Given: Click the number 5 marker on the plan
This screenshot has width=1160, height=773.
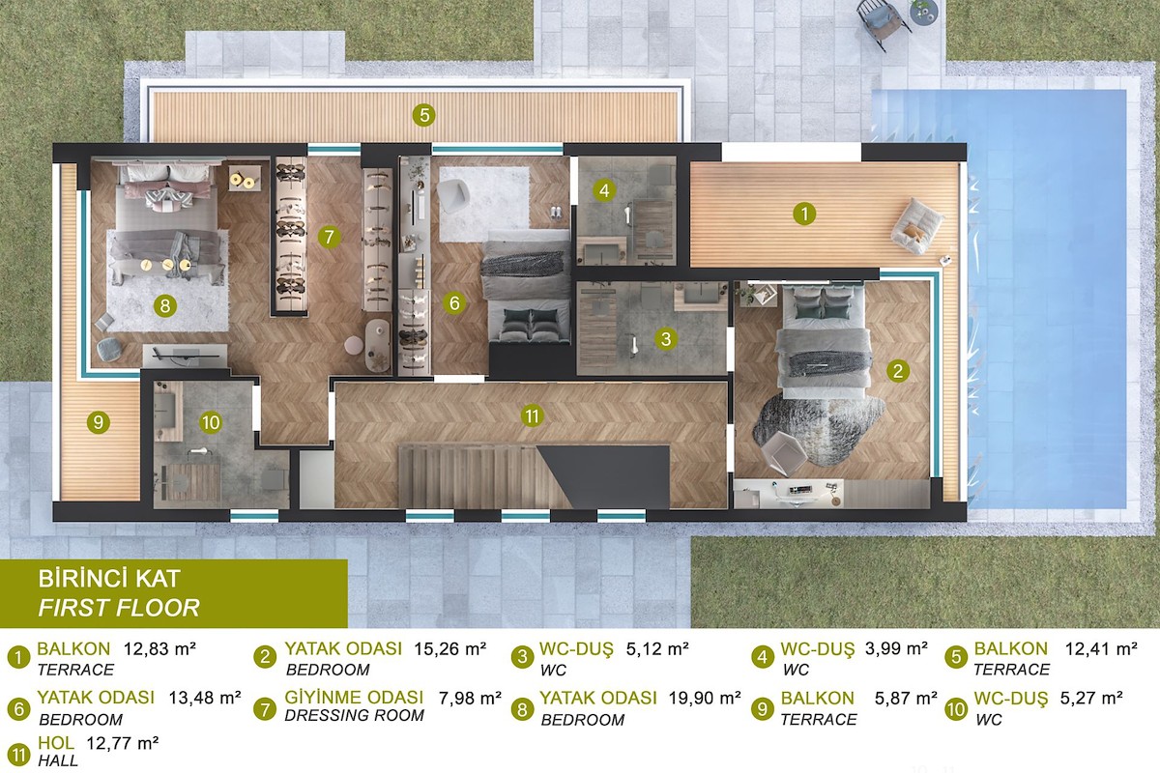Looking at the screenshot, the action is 423,115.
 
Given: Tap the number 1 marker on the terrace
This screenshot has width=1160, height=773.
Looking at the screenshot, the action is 803,214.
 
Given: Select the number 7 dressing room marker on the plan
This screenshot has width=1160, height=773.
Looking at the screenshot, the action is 329,237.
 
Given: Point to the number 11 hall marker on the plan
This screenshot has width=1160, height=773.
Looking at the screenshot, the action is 532,415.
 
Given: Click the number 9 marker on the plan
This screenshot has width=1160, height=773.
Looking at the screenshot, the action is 98,422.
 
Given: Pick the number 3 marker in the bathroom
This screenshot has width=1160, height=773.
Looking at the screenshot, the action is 666,339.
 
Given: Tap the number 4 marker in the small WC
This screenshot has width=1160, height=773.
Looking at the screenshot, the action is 604,190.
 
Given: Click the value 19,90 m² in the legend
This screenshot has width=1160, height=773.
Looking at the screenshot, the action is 705,698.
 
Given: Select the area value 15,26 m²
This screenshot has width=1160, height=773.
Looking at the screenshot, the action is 449,648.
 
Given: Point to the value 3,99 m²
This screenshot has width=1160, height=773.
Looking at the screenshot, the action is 896,648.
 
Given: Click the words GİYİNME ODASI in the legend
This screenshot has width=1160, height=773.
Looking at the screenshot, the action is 354,698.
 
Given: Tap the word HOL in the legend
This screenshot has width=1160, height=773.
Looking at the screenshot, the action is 56,743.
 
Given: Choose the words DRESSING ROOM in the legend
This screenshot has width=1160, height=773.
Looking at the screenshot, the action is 354,716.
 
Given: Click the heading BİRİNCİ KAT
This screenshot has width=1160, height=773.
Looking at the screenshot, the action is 108,579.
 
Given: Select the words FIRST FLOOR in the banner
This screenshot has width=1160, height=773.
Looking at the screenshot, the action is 119,608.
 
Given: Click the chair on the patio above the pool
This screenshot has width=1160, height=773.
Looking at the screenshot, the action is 882,23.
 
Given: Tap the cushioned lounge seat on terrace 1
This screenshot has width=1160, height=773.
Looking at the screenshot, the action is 916,226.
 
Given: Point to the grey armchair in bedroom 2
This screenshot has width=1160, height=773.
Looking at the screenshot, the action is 784,452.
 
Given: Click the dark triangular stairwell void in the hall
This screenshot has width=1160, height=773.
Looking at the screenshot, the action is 606,476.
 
